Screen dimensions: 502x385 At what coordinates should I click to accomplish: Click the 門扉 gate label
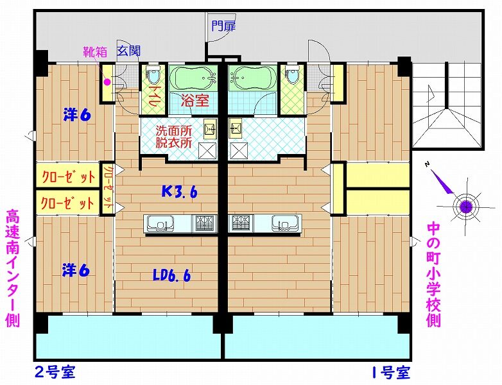(x=223, y=26)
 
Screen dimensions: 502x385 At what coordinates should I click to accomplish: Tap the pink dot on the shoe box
(x=107, y=82)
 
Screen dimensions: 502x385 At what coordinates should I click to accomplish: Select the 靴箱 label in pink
(x=95, y=52)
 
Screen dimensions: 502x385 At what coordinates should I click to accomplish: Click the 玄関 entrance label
(x=128, y=51)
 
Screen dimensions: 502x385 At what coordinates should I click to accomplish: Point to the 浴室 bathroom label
(x=195, y=101)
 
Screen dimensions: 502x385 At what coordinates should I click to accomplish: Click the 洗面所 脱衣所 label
(x=174, y=137)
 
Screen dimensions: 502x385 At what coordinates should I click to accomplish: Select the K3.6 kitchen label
(x=179, y=192)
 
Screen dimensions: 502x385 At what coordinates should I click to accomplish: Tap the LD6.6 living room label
(x=172, y=275)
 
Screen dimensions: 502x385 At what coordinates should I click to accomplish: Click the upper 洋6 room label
(x=77, y=115)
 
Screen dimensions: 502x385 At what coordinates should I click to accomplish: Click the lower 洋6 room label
(x=76, y=271)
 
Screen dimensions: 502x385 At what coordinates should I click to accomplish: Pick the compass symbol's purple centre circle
(x=466, y=207)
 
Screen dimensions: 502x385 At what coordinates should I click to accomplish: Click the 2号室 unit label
(x=55, y=373)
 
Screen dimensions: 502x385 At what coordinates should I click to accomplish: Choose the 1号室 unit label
(x=391, y=373)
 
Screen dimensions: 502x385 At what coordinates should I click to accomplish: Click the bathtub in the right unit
(x=252, y=78)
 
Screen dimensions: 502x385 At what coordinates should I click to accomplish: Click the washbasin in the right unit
(x=236, y=128)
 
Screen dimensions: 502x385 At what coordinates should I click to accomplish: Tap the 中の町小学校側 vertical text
(x=434, y=275)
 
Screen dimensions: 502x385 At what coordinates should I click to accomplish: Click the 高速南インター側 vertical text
(x=13, y=268)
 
